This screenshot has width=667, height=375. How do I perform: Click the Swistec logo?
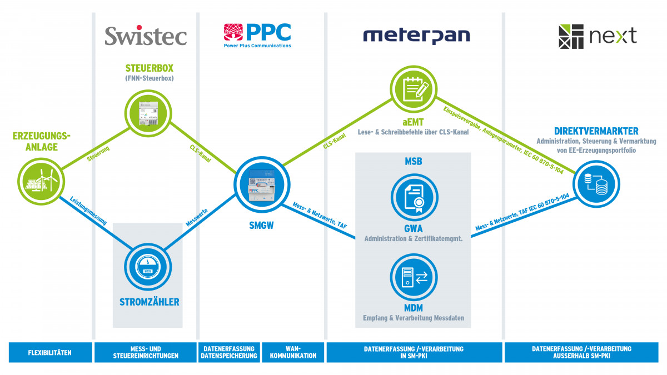(146, 36)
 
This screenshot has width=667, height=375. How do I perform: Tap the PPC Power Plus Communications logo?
(257, 36)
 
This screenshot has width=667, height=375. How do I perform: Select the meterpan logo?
(416, 36)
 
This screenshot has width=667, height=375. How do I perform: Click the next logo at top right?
(598, 36)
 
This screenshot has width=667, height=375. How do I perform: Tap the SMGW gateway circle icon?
(261, 186)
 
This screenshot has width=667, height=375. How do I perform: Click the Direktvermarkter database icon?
(595, 182)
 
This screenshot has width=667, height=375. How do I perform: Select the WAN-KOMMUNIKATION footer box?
(292, 352)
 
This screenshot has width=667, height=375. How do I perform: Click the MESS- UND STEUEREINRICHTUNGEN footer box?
(145, 352)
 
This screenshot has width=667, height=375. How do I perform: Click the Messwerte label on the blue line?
(197, 217)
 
